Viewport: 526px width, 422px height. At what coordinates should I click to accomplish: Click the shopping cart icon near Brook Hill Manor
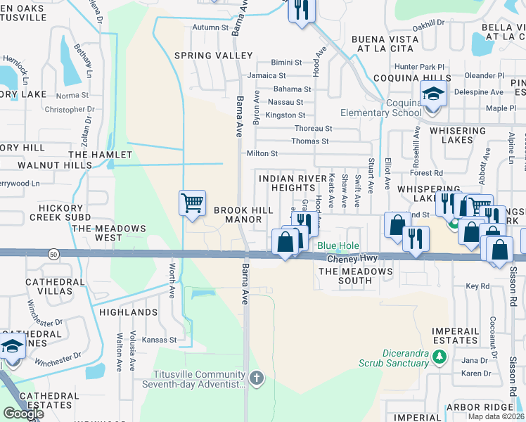point(192,203)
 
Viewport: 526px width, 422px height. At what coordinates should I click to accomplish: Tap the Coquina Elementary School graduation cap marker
point(434,94)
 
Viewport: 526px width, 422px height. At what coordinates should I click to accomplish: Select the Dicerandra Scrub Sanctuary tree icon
point(440,357)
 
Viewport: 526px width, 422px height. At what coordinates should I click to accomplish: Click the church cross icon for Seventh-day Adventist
point(257,378)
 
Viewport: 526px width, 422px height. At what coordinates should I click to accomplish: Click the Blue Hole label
point(338,246)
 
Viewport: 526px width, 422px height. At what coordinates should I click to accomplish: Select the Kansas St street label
point(158,340)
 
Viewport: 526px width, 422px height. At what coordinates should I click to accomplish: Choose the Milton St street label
point(262,153)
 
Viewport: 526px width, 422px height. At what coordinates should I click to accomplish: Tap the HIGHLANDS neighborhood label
point(128,312)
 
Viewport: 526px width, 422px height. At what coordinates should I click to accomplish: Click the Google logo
point(23,413)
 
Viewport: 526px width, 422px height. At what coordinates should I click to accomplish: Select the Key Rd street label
point(477,286)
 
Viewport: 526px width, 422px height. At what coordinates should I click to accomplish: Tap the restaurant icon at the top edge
point(302,10)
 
